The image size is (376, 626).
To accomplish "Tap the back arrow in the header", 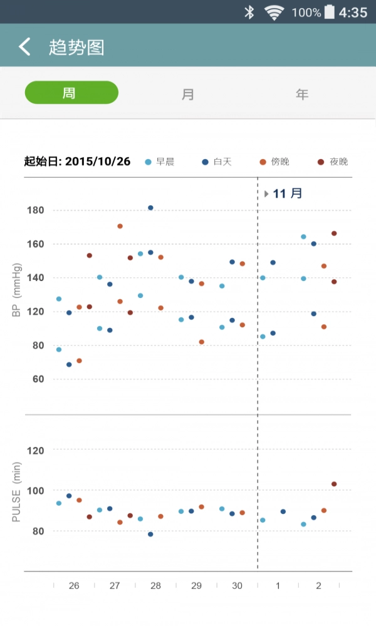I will click(24, 47).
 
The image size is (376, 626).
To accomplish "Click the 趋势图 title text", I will click(76, 48).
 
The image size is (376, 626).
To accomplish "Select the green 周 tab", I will click(71, 93).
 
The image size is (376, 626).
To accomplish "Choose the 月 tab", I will click(187, 94).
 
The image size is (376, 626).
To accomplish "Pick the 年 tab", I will click(302, 94).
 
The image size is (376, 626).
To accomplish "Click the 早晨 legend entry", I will click(159, 162).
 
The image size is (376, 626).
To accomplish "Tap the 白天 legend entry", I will click(217, 162).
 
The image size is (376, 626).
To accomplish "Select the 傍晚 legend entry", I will click(274, 162).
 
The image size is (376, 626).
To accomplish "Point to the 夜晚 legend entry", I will click(333, 162).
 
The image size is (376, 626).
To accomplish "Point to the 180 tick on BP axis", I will click(35, 210).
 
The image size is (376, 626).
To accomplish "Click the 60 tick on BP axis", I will click(38, 379).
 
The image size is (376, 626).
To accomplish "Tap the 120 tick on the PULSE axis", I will click(35, 450).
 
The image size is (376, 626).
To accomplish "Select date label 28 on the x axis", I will click(155, 586).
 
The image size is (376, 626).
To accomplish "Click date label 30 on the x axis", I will click(237, 586).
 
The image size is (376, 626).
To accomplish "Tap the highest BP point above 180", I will click(150, 208).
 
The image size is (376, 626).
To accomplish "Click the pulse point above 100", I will click(334, 484).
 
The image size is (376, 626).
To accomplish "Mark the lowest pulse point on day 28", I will click(150, 534).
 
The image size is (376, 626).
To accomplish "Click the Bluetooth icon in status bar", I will click(249, 12).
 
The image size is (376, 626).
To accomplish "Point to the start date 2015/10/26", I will click(98, 162).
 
